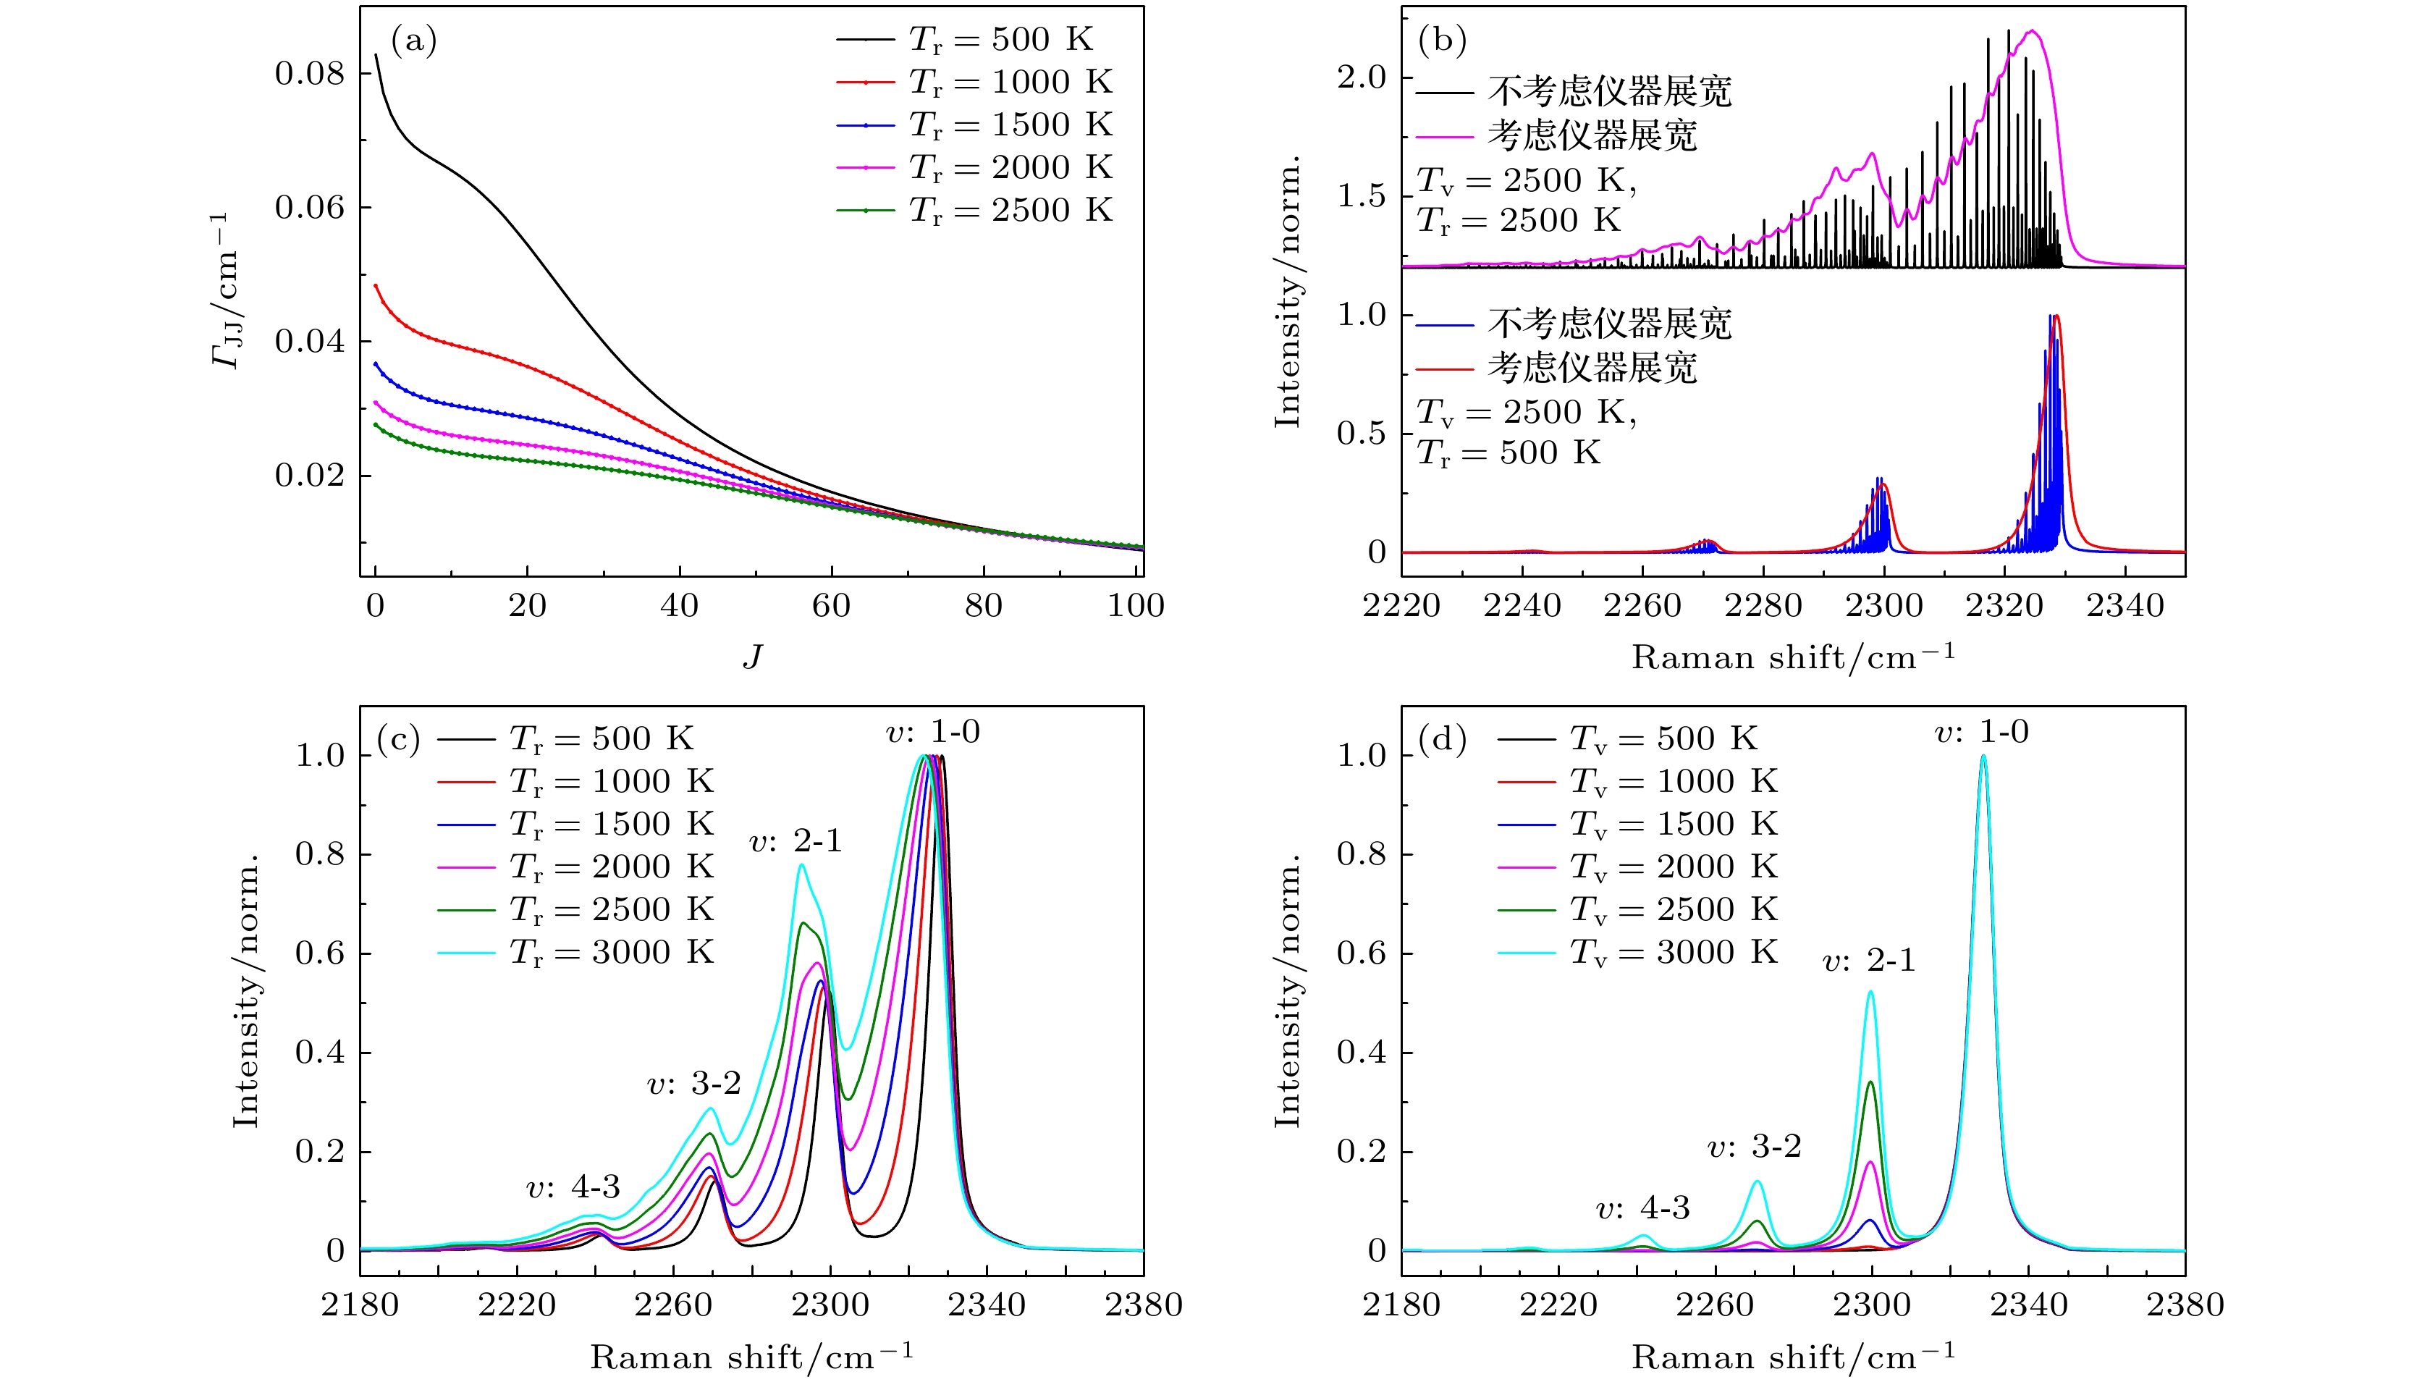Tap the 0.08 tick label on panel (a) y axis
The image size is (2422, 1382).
(x=309, y=74)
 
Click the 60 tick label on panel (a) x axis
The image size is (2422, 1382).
(x=832, y=605)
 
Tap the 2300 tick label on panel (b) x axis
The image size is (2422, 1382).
(x=1884, y=605)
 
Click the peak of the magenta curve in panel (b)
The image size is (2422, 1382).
(x=2032, y=31)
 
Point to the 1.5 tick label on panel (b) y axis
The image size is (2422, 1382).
(x=1362, y=196)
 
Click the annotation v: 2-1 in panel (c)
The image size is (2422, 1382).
(x=796, y=841)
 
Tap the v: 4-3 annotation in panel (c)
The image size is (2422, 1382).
(x=573, y=1187)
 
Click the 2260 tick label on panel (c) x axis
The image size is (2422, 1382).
(x=673, y=1305)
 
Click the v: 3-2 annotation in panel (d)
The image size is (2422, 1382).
(x=1754, y=1147)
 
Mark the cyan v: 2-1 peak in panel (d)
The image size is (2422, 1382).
(x=1870, y=993)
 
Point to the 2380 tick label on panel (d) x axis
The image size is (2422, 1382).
(x=2185, y=1305)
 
